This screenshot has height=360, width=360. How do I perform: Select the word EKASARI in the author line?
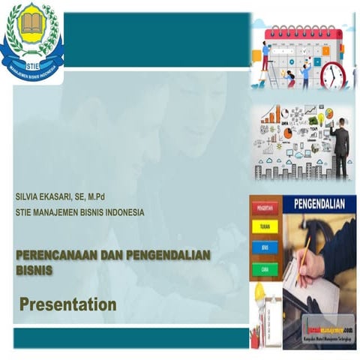63,197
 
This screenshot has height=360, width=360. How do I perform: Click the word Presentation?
67,304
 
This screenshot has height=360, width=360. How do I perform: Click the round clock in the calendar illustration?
333,75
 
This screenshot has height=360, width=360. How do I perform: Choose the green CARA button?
265,268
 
